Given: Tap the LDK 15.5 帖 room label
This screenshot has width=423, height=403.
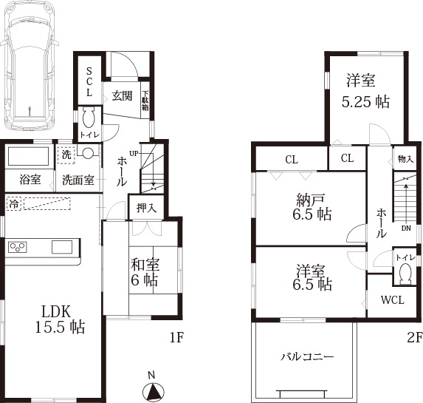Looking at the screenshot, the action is (x=60, y=319).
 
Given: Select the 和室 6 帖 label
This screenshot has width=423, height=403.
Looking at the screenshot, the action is (x=145, y=272).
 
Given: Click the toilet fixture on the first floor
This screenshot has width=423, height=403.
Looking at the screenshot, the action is (x=89, y=118).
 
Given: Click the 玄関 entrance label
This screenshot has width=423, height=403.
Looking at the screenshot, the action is (x=122, y=96).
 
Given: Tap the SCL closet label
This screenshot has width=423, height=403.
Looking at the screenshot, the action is (x=89, y=82).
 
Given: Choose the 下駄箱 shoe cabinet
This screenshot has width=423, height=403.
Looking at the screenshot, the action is (x=145, y=101).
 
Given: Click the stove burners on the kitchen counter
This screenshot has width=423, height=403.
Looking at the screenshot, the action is (x=18, y=247).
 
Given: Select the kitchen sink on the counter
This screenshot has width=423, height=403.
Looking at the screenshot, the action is (x=62, y=247).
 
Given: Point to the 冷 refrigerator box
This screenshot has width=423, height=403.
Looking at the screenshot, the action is (x=14, y=203).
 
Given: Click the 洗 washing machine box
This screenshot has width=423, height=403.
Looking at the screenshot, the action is (x=66, y=155).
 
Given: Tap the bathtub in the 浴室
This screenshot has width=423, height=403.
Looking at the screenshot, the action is (x=28, y=156).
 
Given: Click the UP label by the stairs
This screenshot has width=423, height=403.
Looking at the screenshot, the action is (x=134, y=154).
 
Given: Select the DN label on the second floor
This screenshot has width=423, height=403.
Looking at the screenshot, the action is (x=406, y=228).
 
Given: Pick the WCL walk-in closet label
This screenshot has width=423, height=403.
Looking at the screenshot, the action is (x=393, y=299).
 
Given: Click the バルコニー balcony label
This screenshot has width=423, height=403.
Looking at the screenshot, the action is (x=307, y=357).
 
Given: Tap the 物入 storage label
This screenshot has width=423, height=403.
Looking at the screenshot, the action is (x=405, y=159).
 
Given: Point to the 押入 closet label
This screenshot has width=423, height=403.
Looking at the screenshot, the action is (x=146, y=208).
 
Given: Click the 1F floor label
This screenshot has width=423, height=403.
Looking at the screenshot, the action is (x=176, y=337).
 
